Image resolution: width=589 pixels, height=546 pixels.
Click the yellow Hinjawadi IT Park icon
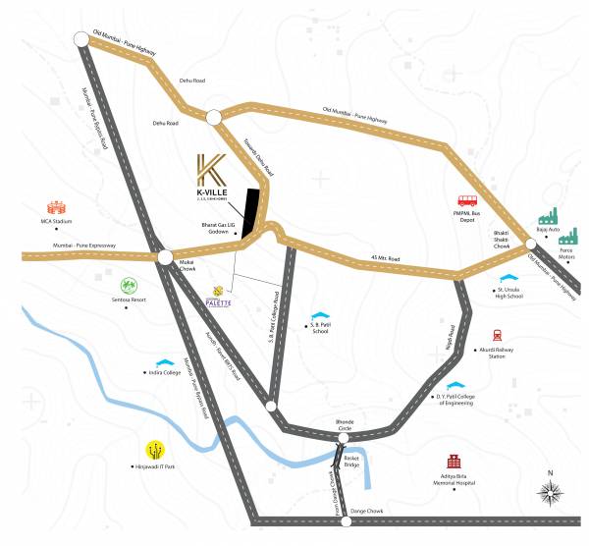[x=155, y=449]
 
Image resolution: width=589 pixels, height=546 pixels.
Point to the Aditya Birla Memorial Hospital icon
[x=454, y=462]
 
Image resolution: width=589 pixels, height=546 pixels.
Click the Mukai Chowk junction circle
[x=165, y=257]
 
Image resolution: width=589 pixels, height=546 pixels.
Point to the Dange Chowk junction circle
[x=345, y=521]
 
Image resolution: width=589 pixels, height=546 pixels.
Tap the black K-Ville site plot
[x=254, y=209]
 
